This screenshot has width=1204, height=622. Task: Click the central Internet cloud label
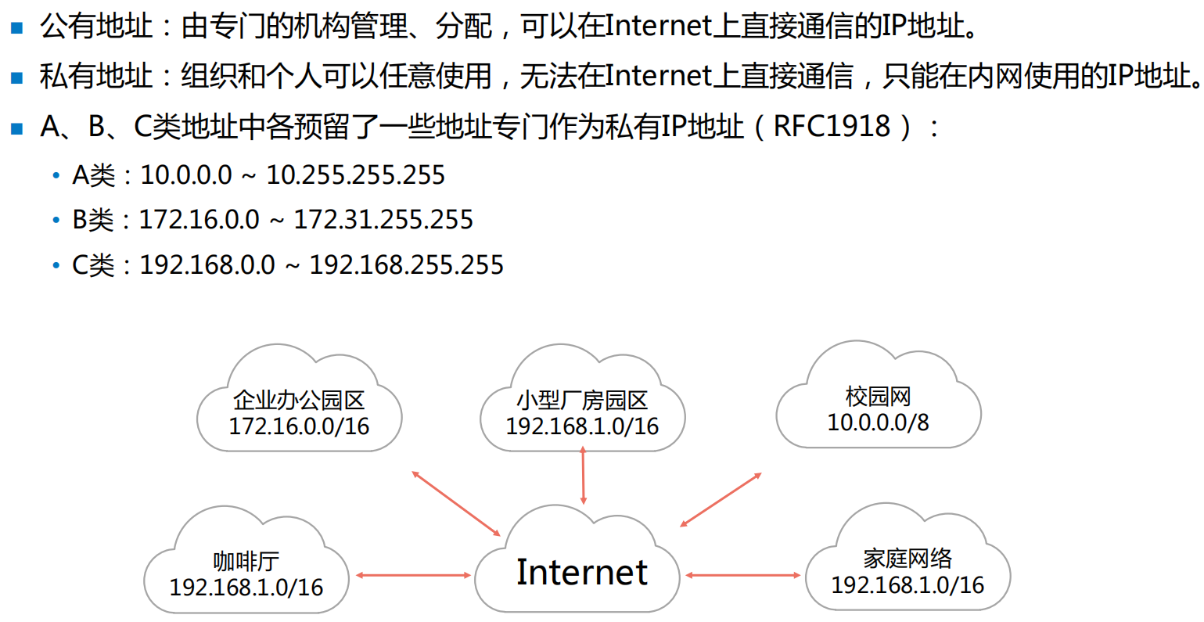pos(581,572)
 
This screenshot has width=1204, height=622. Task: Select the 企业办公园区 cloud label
pos(298,400)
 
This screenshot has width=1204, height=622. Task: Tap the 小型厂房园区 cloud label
pos(581,400)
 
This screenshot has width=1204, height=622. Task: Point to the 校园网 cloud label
pos(878,396)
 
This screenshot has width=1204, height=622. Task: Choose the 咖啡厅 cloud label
pos(246,561)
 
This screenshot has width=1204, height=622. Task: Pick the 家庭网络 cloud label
pos(907,558)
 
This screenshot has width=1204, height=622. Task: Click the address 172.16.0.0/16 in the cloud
pos(298,426)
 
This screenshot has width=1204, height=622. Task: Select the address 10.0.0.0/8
pos(878,422)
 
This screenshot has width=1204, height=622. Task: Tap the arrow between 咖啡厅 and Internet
pos(413,576)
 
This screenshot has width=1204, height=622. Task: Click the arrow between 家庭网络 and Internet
pos(742,576)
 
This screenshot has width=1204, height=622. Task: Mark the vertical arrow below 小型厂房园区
pos(583,475)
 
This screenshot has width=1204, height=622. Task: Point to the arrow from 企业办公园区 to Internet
pos(455,503)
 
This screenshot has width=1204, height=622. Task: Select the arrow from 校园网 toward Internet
pos(721,499)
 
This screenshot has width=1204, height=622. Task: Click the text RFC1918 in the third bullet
pos(832,126)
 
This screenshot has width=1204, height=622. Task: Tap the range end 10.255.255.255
pos(355,174)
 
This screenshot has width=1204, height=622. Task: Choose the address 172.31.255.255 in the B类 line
pos(383,220)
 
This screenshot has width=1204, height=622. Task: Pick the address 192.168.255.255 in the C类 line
pos(406,265)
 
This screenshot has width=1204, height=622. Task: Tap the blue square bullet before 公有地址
pos(17,28)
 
